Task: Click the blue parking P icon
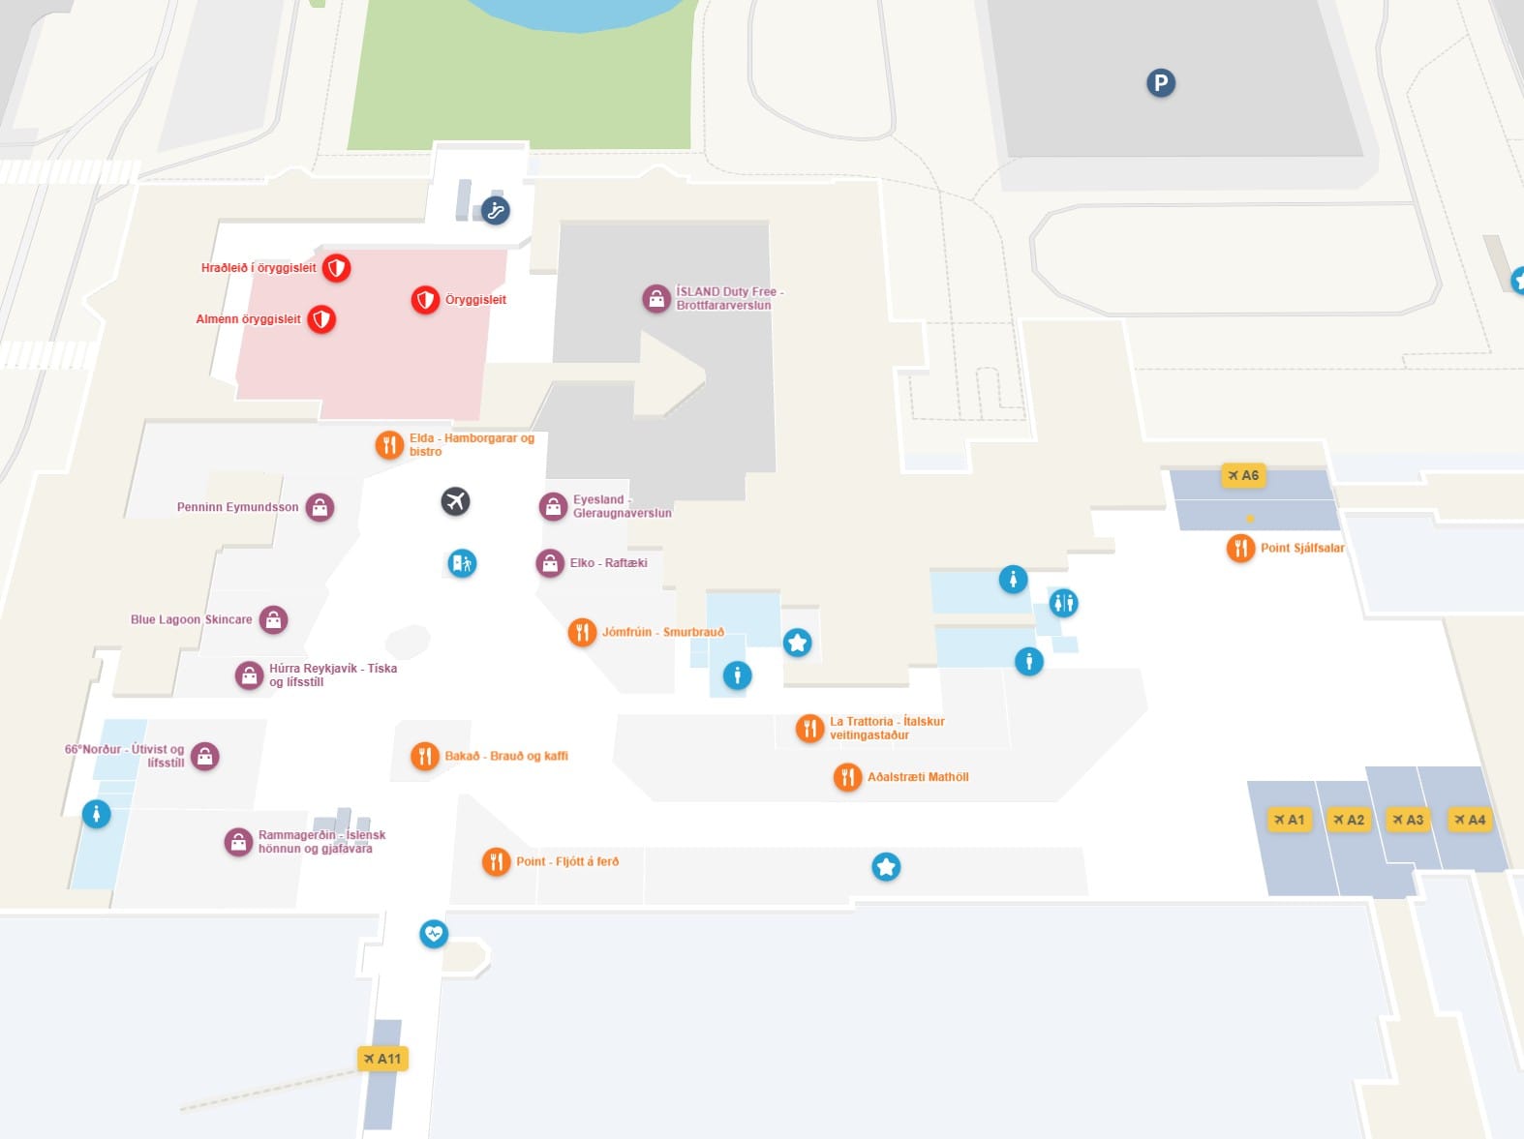click(1161, 83)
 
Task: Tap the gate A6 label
click(1243, 475)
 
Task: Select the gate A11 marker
click(382, 1059)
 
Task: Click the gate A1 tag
click(1290, 820)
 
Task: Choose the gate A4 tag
click(1470, 820)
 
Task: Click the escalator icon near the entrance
click(495, 210)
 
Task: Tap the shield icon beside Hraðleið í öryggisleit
click(336, 268)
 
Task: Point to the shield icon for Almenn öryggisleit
click(321, 318)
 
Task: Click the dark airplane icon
click(455, 501)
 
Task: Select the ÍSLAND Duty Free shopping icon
click(656, 298)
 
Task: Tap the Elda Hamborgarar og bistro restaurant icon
click(389, 444)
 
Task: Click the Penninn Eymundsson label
click(237, 507)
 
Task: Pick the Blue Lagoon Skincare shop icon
click(274, 619)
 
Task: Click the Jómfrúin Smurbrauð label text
click(662, 632)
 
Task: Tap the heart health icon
click(433, 934)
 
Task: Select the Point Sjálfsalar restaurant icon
click(1240, 548)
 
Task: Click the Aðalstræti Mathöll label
click(917, 777)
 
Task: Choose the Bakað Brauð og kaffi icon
click(424, 756)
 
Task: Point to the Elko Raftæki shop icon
click(550, 563)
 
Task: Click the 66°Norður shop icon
click(205, 756)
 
